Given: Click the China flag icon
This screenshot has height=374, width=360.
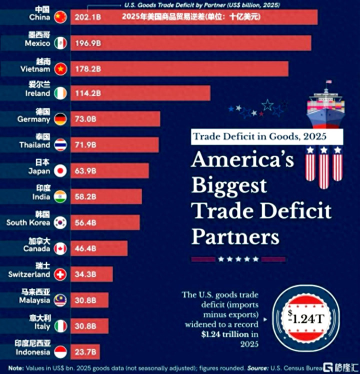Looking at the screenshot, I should click(x=60, y=17).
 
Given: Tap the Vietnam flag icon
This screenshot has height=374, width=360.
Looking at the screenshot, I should click(x=60, y=69).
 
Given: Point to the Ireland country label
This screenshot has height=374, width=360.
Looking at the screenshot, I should click(x=38, y=93).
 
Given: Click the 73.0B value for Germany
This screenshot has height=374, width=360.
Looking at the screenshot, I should click(x=85, y=119).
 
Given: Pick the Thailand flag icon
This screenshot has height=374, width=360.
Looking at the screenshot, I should click(x=60, y=145).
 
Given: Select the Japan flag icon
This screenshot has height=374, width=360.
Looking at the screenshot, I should click(x=60, y=171).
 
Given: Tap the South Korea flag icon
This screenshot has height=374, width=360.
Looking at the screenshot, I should click(x=60, y=222).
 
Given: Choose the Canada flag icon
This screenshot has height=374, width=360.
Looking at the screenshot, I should click(x=60, y=248).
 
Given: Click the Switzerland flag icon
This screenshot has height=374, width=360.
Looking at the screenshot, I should click(x=60, y=274).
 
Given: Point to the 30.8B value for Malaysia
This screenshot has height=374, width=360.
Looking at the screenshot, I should click(x=85, y=300).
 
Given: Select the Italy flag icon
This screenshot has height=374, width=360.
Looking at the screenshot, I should click(x=60, y=326).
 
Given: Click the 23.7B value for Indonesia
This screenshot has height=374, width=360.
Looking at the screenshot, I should click(x=85, y=352).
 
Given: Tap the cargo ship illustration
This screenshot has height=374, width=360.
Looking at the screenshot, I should click(x=325, y=104).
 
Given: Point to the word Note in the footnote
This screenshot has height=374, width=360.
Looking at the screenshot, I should click(x=15, y=368).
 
